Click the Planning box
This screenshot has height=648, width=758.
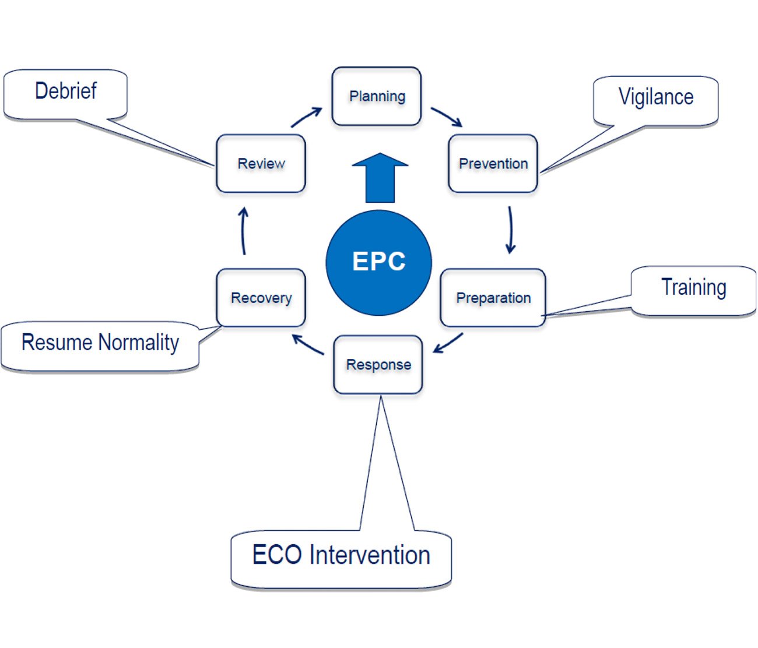(377, 96)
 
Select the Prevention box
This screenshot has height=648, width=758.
(493, 164)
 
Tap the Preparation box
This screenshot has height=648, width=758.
(493, 298)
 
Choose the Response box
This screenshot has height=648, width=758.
(378, 365)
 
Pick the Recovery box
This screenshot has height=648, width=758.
(261, 298)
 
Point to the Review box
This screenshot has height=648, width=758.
(261, 164)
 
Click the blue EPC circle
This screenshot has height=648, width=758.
(378, 262)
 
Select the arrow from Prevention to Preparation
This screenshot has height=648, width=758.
(511, 230)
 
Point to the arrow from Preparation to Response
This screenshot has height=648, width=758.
(448, 343)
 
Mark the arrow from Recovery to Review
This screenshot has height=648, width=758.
(244, 231)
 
